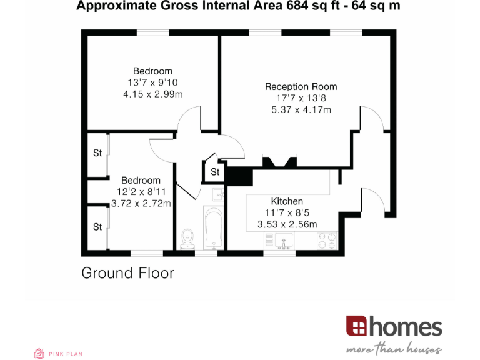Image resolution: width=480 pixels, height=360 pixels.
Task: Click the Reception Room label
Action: click(x=301, y=87)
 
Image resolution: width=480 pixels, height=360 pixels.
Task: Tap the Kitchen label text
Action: click(x=287, y=201)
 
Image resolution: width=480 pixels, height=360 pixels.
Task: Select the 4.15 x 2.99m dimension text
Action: click(x=152, y=94)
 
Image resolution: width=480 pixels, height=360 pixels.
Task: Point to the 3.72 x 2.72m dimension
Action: click(x=141, y=203)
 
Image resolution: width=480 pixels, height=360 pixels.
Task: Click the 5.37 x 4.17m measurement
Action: click(x=301, y=110)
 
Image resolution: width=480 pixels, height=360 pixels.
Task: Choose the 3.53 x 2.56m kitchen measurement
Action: click(x=287, y=224)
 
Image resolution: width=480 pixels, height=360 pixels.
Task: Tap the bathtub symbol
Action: click(x=213, y=229)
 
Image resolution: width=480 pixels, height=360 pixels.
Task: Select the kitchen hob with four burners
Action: click(x=327, y=240)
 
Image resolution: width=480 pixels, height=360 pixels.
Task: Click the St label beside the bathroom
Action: click(x=215, y=172)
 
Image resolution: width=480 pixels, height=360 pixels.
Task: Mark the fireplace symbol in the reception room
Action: click(x=279, y=162)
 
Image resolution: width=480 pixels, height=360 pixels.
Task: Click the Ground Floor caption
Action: click(x=127, y=273)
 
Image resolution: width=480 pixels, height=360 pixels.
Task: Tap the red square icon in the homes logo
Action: click(x=357, y=326)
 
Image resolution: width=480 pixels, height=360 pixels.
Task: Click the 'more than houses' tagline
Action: click(x=395, y=349)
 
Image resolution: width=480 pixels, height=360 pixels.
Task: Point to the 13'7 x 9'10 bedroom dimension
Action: click(x=152, y=82)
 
